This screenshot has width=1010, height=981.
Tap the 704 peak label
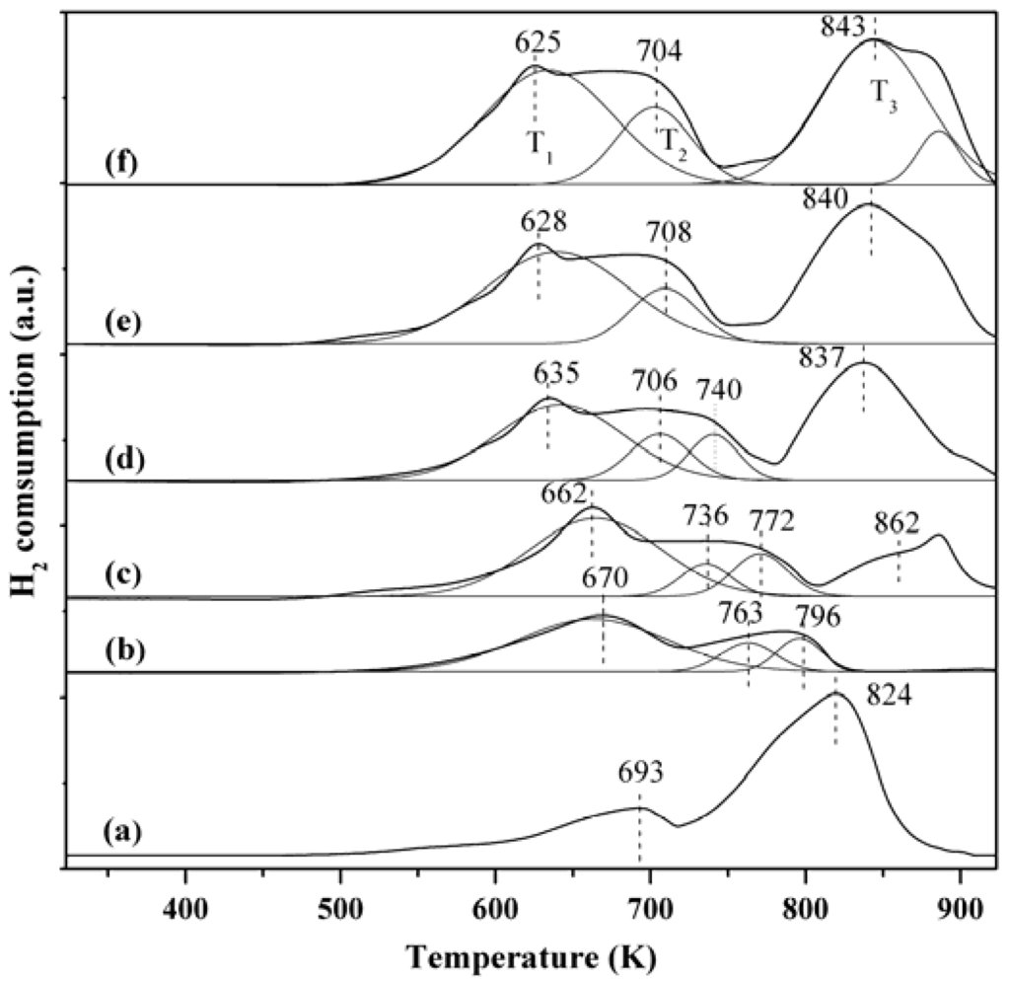point(659,53)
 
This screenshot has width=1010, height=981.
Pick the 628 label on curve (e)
point(543,224)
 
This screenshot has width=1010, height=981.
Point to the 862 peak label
point(896,521)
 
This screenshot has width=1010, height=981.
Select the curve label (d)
point(124,460)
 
